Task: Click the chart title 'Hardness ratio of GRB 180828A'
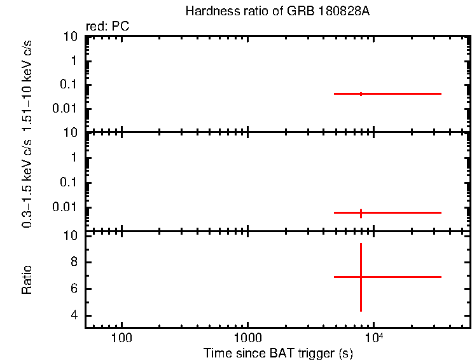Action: [x=277, y=11]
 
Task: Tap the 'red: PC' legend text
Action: [x=107, y=27]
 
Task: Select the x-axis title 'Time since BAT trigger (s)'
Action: [x=278, y=352]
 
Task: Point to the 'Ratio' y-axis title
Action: [x=27, y=280]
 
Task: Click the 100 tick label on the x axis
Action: [x=121, y=337]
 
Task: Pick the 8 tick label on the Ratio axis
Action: [x=74, y=262]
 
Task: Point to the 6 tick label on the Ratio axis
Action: [x=74, y=289]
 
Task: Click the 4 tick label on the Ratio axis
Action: [x=74, y=315]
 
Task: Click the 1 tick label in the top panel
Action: [x=74, y=61]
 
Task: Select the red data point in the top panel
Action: [x=361, y=93]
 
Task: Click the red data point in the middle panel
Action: [x=361, y=212]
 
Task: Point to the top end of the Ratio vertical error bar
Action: [x=361, y=243]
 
